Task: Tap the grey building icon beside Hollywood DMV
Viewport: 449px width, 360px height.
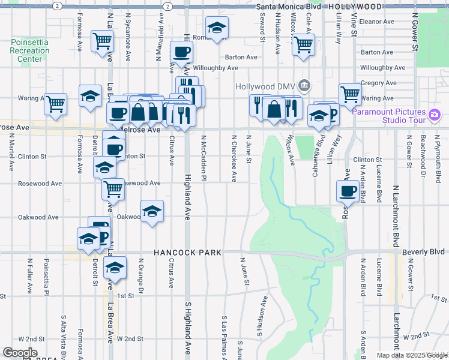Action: click(304, 86)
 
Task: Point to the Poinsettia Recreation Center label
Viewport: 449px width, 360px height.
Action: click(29, 50)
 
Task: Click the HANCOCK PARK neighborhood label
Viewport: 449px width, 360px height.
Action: click(187, 253)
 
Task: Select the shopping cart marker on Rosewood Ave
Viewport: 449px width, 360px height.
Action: click(113, 188)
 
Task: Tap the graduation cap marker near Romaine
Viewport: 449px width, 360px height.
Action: click(216, 26)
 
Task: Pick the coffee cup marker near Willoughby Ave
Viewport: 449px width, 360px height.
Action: click(181, 51)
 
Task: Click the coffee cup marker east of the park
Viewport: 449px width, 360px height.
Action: click(347, 191)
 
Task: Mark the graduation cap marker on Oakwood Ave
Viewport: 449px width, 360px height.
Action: click(152, 211)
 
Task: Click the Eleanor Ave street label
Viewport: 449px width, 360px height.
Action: click(376, 21)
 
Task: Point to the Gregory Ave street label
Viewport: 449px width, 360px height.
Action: click(379, 83)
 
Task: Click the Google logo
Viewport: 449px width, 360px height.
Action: click(20, 353)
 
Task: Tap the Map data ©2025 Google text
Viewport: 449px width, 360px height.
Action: click(411, 355)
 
